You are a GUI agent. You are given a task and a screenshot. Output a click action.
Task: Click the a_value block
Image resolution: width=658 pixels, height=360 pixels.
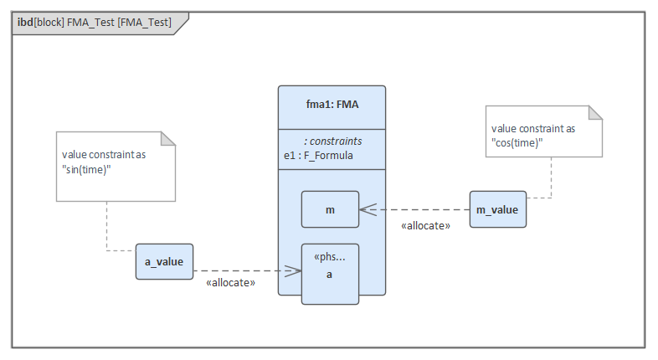[x=164, y=262]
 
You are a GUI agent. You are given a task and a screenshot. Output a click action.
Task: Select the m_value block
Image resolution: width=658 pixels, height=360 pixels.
[x=498, y=208]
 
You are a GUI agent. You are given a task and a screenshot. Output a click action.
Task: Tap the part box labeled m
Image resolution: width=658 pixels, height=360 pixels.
[x=330, y=209]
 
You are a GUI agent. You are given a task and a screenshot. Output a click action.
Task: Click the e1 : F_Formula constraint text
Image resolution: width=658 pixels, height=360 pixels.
[x=318, y=155]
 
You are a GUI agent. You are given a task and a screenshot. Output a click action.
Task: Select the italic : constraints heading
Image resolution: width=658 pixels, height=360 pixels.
[x=332, y=141]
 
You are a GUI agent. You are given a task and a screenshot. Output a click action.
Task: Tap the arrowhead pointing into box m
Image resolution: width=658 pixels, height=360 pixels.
[x=367, y=209]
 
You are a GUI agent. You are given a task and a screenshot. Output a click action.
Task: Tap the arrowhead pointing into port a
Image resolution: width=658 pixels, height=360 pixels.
[x=294, y=270]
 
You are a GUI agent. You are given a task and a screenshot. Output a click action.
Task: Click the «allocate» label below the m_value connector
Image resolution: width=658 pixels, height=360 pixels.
[x=425, y=226]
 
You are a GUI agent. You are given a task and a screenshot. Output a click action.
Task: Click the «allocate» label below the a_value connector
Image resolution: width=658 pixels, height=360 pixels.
[x=230, y=284]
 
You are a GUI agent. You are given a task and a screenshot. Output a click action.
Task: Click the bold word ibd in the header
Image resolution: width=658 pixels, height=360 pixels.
[x=25, y=23]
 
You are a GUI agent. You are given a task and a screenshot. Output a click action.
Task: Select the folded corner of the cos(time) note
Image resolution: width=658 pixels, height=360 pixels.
[x=595, y=113]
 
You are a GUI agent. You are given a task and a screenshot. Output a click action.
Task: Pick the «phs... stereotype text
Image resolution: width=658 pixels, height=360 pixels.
[x=330, y=256]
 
